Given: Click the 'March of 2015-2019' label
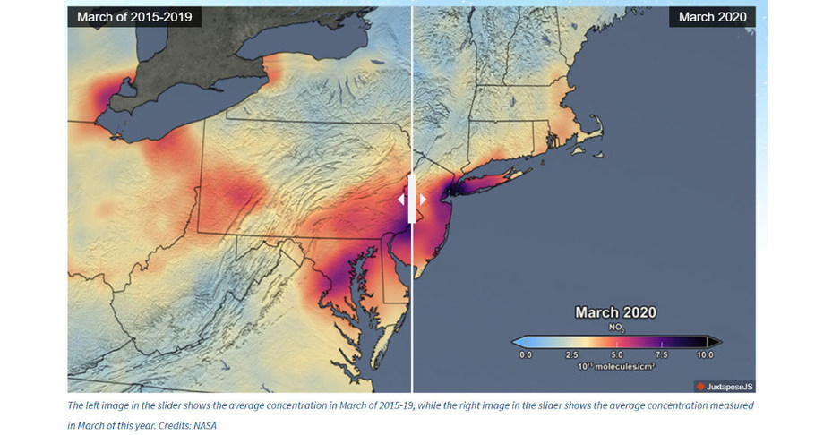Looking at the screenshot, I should click(x=133, y=16).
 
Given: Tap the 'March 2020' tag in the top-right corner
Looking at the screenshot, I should click(x=710, y=16).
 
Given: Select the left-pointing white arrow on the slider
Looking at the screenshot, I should click(x=401, y=200).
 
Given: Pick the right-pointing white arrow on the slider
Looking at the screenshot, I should click(x=423, y=200).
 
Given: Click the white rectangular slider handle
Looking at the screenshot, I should click(x=412, y=199).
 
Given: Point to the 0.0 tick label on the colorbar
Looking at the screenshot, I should click(x=526, y=355).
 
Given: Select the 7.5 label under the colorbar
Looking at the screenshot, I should click(x=661, y=355).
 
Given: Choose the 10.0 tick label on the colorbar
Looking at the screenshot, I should click(x=706, y=355).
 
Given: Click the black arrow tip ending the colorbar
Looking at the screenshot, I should click(x=715, y=341).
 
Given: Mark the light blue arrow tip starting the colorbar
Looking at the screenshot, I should click(x=517, y=341).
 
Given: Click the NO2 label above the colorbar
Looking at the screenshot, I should click(x=615, y=328).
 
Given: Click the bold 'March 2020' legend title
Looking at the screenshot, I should click(x=615, y=312).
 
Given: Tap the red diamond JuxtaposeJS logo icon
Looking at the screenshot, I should click(x=699, y=387).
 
